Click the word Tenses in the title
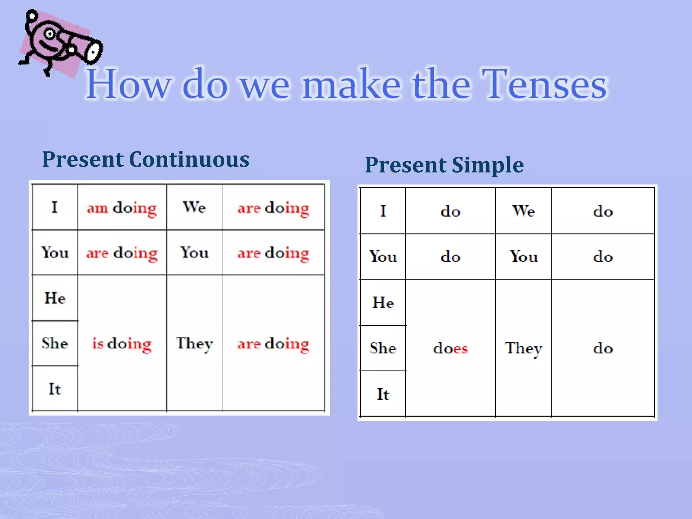click(544, 84)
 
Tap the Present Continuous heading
click(145, 159)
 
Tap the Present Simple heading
click(444, 165)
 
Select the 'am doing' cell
click(122, 207)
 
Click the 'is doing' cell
click(122, 343)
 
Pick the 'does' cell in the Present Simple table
click(450, 348)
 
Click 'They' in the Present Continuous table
click(194, 343)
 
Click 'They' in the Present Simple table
click(523, 348)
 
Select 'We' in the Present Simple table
click(523, 211)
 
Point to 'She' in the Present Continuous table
click(55, 343)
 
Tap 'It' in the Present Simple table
click(383, 394)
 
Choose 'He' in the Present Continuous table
click(55, 298)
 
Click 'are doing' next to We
click(273, 207)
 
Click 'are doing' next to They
click(273, 343)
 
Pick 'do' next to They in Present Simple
click(603, 348)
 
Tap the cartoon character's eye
click(50, 34)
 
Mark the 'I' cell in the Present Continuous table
click(55, 207)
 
